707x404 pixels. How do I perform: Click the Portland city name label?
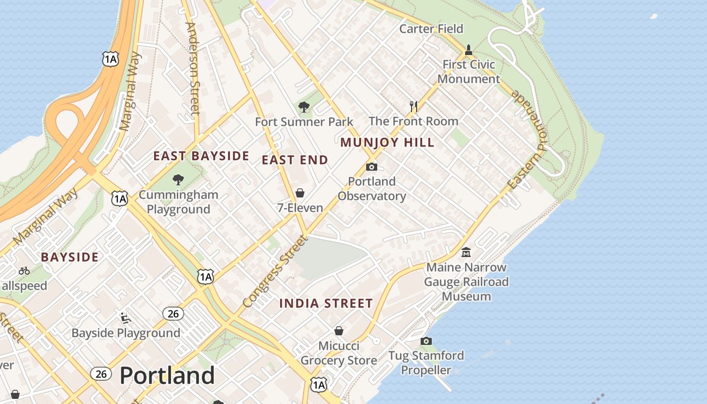[x=167, y=376]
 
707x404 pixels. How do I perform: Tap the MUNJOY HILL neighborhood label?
[x=387, y=142]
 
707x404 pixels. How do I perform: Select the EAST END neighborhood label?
[x=295, y=160]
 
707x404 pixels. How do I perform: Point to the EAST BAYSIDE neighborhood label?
[x=201, y=156]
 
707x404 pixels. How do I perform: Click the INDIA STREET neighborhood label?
[x=326, y=304]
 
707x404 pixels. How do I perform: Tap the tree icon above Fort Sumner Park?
[x=304, y=107]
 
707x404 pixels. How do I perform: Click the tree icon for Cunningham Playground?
[x=178, y=179]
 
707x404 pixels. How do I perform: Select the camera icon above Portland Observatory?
[x=372, y=167]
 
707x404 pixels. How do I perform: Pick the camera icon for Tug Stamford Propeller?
[x=426, y=341]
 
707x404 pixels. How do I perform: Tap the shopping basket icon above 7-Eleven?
[x=300, y=193]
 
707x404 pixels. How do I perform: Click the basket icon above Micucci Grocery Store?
[x=339, y=331]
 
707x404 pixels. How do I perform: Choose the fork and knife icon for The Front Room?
[x=414, y=106]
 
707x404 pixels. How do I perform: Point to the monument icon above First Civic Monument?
[x=469, y=49]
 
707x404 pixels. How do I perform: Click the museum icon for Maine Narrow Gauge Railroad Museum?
[x=466, y=252]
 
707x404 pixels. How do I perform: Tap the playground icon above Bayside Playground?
[x=125, y=318]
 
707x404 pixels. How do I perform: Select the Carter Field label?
[x=431, y=29]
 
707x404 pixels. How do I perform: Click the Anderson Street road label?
[x=193, y=68]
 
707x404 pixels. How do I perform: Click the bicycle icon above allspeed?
[x=24, y=271]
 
